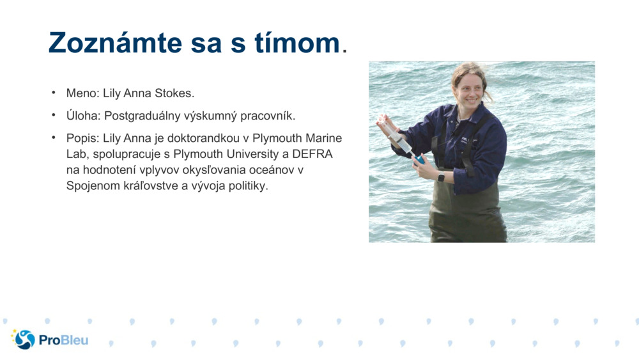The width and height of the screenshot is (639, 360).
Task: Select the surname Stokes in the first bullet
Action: click(x=173, y=93)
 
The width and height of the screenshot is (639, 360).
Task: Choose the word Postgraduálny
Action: click(x=144, y=116)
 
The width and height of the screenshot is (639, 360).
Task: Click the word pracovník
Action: click(x=269, y=116)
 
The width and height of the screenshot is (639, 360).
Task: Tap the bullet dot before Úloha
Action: click(x=54, y=116)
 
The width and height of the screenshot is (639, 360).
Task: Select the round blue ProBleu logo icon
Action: click(x=24, y=340)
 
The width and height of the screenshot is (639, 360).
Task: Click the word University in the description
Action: click(x=254, y=154)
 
